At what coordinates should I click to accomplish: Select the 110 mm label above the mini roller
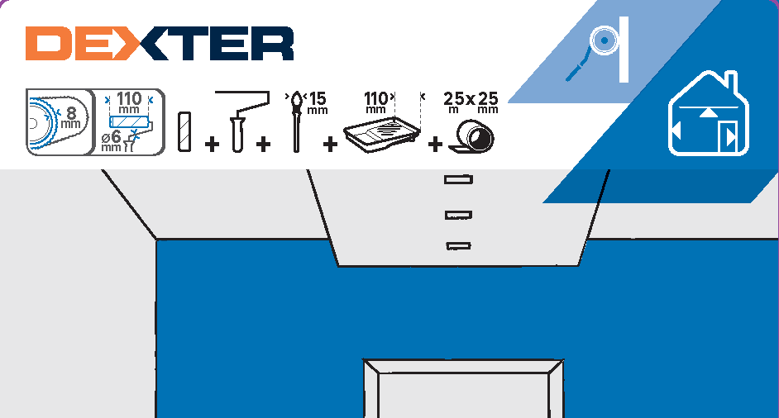[129, 102]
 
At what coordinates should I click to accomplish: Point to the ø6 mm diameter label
[111, 140]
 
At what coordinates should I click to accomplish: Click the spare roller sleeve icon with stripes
[184, 130]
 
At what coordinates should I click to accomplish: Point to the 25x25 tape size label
[471, 100]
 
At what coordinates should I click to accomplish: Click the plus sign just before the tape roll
[435, 145]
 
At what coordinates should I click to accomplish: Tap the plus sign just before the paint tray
[330, 145]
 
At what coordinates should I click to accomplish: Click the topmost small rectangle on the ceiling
[458, 178]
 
